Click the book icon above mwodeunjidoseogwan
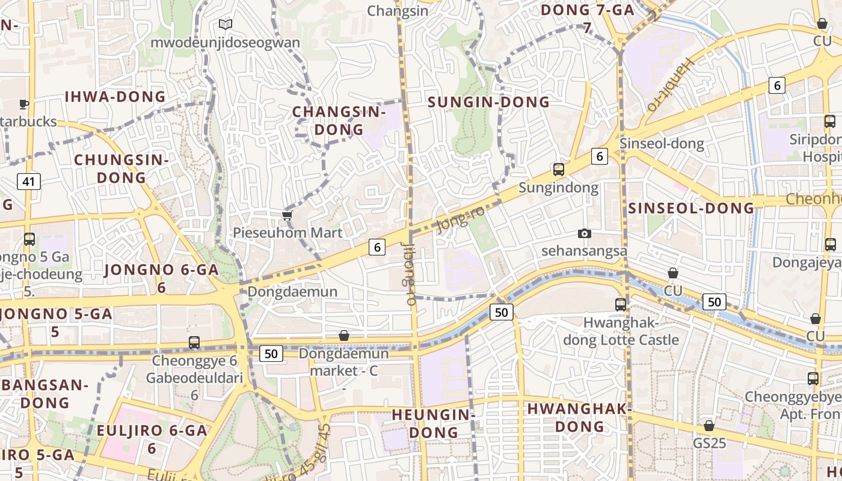click(x=226, y=25)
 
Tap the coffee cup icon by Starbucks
click(x=24, y=104)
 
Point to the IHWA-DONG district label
click(x=115, y=97)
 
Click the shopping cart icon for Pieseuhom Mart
click(x=287, y=215)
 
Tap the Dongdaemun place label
click(x=292, y=292)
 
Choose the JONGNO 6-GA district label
click(x=161, y=271)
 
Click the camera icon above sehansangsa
click(x=584, y=233)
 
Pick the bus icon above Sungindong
click(x=559, y=170)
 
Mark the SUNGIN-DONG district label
click(x=488, y=102)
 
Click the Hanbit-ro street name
click(x=671, y=85)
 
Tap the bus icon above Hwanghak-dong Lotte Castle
click(x=621, y=305)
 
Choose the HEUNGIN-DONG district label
click(x=433, y=423)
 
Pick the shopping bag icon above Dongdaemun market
click(x=344, y=335)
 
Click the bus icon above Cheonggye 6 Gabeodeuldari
click(x=194, y=343)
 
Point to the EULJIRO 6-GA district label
click(x=152, y=430)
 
